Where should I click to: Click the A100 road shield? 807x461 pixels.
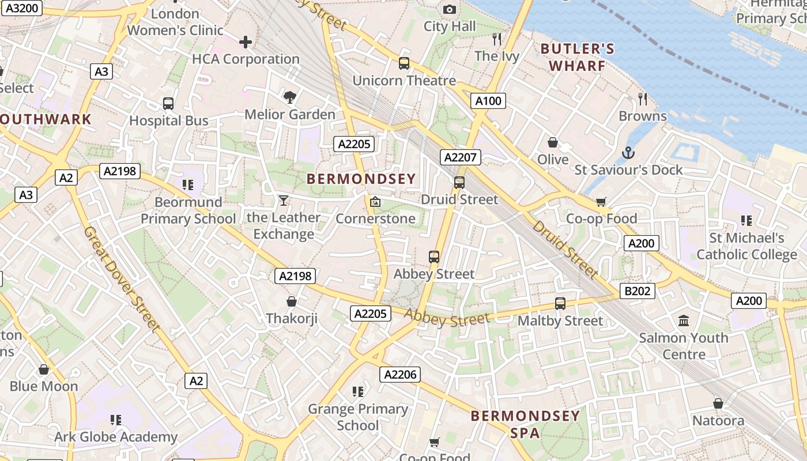tap(488, 101)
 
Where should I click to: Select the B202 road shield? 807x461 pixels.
tap(638, 291)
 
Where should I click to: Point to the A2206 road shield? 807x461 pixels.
tap(400, 375)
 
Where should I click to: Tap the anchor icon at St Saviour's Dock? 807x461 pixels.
tap(628, 153)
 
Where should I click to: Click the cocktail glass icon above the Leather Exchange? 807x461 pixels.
tap(283, 201)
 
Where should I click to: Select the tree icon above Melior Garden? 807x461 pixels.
tap(289, 97)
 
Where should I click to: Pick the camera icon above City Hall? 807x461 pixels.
tap(450, 9)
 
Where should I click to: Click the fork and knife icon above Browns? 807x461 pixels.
tap(643, 99)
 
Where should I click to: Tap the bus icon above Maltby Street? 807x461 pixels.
tap(560, 303)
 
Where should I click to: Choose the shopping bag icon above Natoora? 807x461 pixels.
tap(718, 403)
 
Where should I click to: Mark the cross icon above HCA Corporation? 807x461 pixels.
tap(246, 42)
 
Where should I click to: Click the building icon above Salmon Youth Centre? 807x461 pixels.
tap(684, 320)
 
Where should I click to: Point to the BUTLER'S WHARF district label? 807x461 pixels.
tap(578, 57)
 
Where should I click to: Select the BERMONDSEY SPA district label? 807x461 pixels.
tap(525, 424)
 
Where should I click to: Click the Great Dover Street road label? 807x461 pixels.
tap(121, 279)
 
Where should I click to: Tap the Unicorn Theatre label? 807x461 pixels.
tap(404, 81)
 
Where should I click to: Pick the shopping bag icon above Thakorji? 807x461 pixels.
tap(292, 301)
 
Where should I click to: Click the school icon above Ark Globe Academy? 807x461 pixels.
tap(116, 420)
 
